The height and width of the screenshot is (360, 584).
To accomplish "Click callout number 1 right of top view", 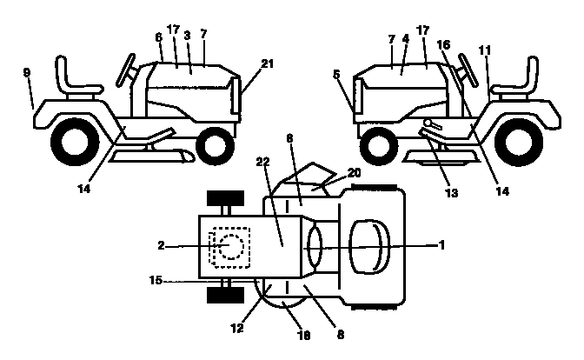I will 442,246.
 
